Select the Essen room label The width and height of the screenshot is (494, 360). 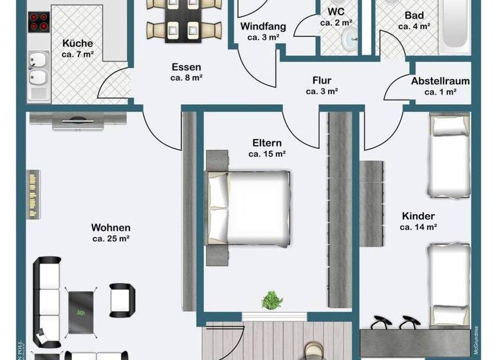[187, 67]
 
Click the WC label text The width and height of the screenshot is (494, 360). [336, 12]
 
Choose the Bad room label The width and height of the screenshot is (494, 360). [413, 15]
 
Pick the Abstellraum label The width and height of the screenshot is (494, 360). [440, 81]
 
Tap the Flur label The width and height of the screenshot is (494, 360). [322, 80]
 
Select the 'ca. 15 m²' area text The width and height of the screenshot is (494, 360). [267, 154]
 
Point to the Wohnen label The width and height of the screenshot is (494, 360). [111, 228]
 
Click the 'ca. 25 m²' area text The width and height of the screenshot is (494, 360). [111, 239]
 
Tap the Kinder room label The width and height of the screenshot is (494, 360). [418, 216]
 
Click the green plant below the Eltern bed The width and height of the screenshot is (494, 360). [272, 300]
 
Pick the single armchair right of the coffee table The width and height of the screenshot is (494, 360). [122, 298]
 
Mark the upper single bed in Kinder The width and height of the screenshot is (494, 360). [450, 156]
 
